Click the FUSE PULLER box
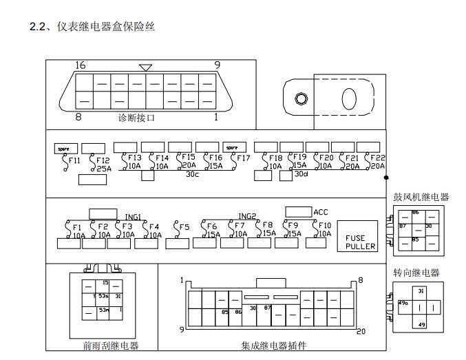[361, 236]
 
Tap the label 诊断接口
[136, 118]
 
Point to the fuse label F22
[377, 158]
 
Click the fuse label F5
[182, 227]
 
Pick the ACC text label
[321, 211]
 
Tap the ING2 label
[247, 216]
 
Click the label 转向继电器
[416, 273]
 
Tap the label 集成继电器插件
[273, 346]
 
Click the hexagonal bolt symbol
[300, 98]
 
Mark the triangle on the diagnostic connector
[145, 67]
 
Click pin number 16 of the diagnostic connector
[80, 65]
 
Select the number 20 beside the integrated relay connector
[361, 331]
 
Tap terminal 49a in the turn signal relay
[403, 301]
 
